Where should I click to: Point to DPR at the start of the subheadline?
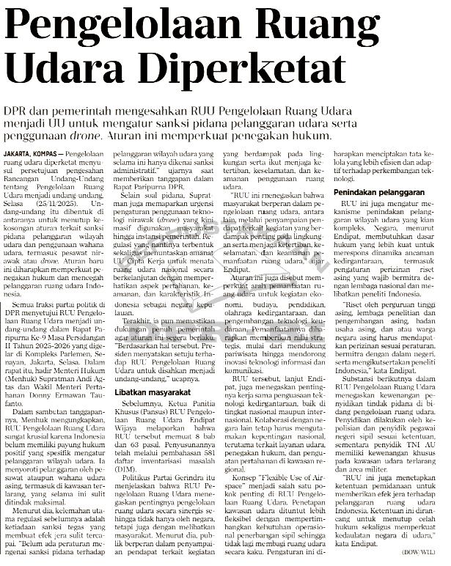(18, 109)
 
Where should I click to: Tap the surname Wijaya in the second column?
(124, 420)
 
